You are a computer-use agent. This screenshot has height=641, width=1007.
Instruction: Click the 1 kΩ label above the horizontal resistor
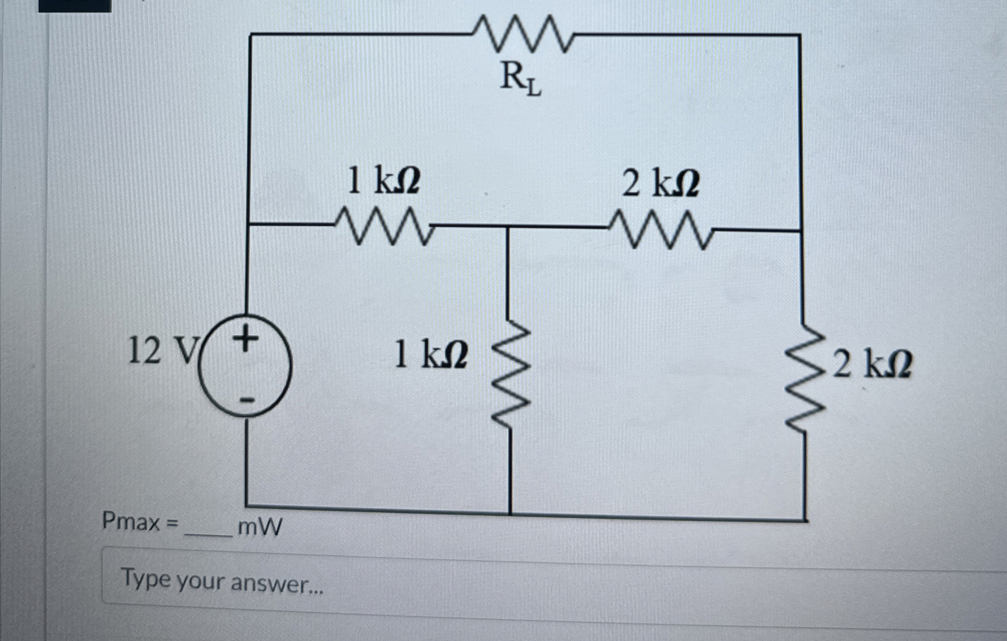(383, 181)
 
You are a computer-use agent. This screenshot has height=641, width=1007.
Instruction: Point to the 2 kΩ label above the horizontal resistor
(660, 184)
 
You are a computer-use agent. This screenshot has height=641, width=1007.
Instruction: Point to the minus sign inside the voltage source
(248, 400)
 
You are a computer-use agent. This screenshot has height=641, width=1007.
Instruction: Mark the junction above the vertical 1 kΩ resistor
(508, 228)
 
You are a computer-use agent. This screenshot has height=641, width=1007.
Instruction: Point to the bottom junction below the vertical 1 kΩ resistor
(510, 513)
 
